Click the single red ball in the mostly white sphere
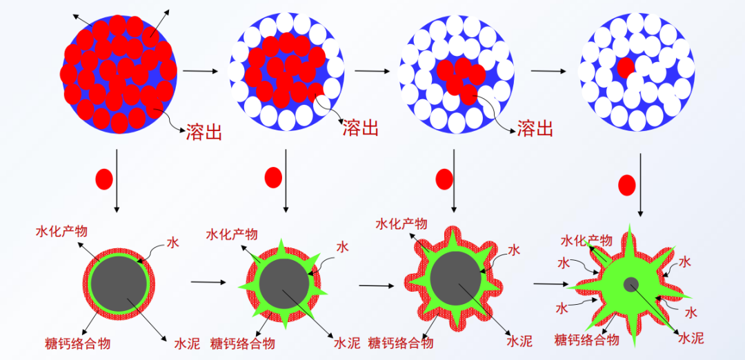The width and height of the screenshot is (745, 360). pos(626,68)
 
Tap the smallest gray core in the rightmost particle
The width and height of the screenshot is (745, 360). pos(631,284)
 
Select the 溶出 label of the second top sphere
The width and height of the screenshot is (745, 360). pos(361,128)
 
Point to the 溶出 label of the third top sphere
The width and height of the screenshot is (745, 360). pos(535,128)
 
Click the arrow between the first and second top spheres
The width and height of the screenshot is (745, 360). pos(201,71)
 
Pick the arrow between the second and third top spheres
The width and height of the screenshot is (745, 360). pos(372,71)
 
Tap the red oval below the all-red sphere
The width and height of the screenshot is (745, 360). pos(104,179)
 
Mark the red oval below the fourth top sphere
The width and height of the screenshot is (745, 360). pos(626,186)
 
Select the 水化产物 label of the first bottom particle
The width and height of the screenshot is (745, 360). pos(61,231)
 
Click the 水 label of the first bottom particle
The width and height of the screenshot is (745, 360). pos(173,243)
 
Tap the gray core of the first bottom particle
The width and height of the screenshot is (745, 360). pos(119,284)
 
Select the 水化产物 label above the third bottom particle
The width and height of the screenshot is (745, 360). pos(401,223)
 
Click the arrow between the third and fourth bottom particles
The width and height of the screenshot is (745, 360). pos(551,284)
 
